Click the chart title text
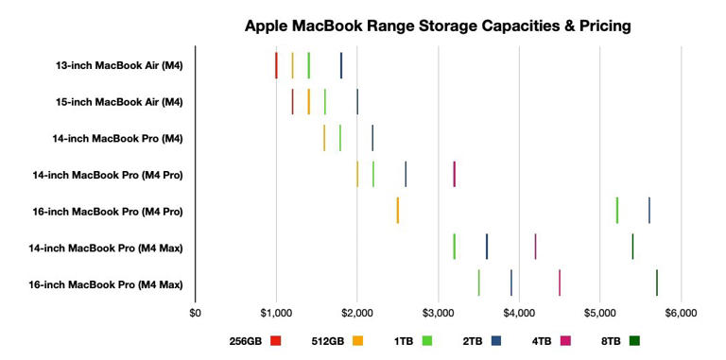tap(438, 25)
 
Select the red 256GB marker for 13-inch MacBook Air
tap(276, 65)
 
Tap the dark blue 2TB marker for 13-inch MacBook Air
tap(341, 65)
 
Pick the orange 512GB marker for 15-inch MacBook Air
tap(309, 101)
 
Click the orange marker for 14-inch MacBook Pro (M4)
tap(324, 138)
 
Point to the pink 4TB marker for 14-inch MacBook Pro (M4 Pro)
tap(454, 174)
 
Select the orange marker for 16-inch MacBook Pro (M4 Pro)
tap(398, 210)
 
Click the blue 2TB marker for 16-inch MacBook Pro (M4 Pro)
tap(649, 210)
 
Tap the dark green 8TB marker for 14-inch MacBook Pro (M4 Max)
tap(632, 247)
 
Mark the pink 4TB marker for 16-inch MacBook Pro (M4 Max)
tap(560, 283)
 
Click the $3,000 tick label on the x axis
tap(438, 312)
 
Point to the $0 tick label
tap(196, 312)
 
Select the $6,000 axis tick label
tap(681, 312)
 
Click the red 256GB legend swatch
tap(276, 340)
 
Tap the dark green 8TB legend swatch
tap(634, 340)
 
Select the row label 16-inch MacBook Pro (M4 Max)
tap(106, 283)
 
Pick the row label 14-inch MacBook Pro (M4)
tap(117, 138)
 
